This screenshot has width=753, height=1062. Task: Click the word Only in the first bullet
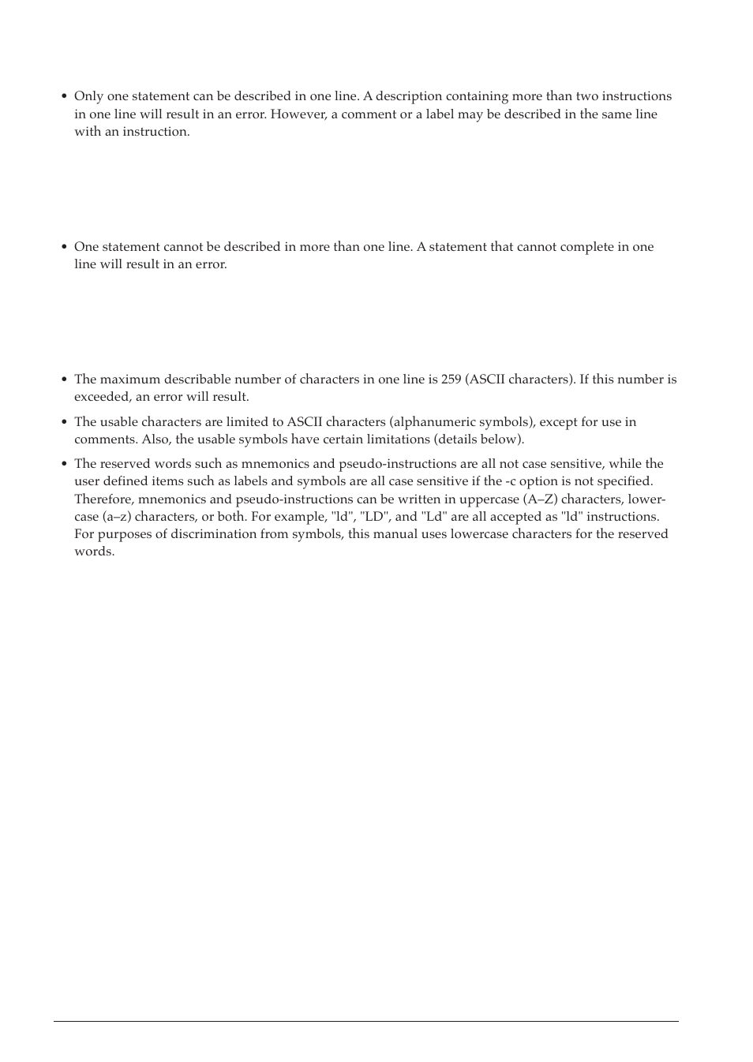87,96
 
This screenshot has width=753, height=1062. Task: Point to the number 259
451,380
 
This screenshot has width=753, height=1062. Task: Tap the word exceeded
102,397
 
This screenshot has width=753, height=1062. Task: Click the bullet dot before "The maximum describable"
65,380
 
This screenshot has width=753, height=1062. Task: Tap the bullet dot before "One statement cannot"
65,248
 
